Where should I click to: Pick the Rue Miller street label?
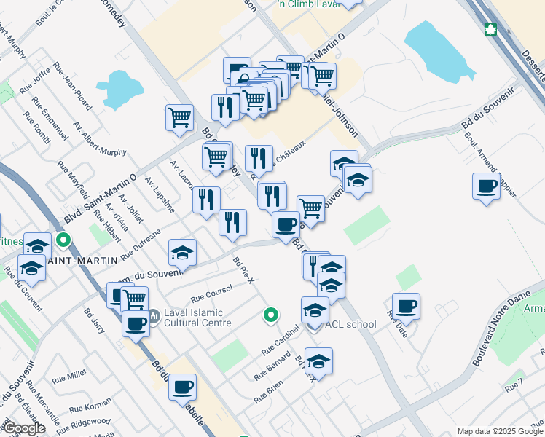click(x=71, y=375)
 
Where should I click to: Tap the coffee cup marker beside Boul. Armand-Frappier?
click(x=486, y=186)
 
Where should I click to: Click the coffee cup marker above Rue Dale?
click(x=406, y=305)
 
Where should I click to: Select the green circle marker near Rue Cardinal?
click(x=270, y=315)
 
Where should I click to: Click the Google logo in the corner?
click(x=24, y=429)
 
